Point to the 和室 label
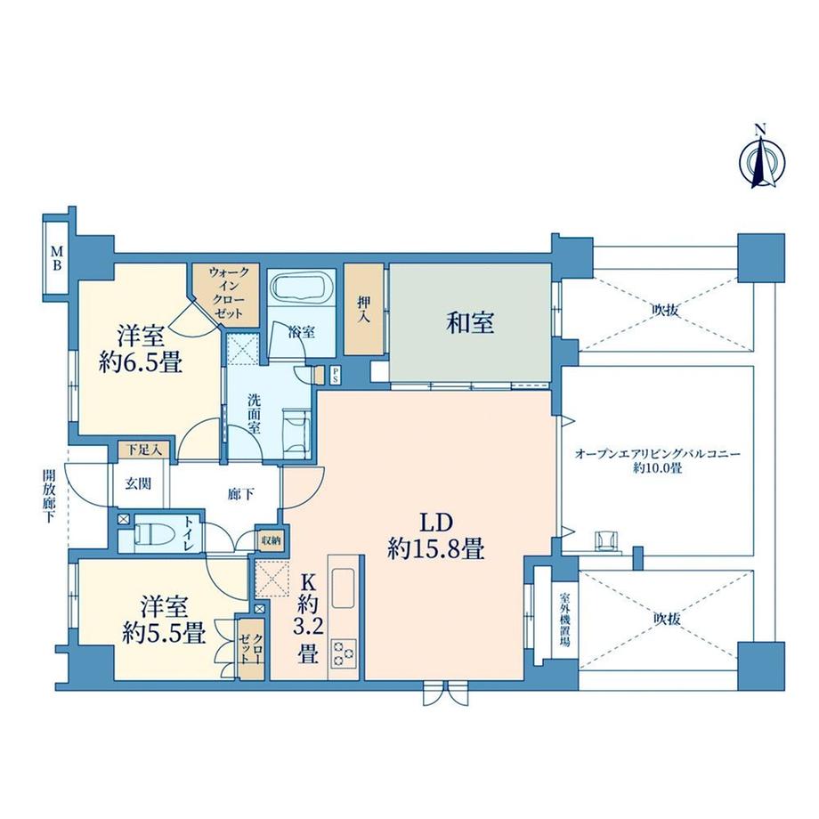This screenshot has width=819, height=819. coord(470,323)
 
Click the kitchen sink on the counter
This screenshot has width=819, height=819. coord(343,588)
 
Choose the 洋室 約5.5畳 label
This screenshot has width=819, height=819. coord(165,620)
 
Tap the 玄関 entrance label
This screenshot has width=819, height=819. coord(137,483)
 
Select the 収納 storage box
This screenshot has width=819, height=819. coord(271,539)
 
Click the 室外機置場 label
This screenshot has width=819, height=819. coord(564,622)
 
